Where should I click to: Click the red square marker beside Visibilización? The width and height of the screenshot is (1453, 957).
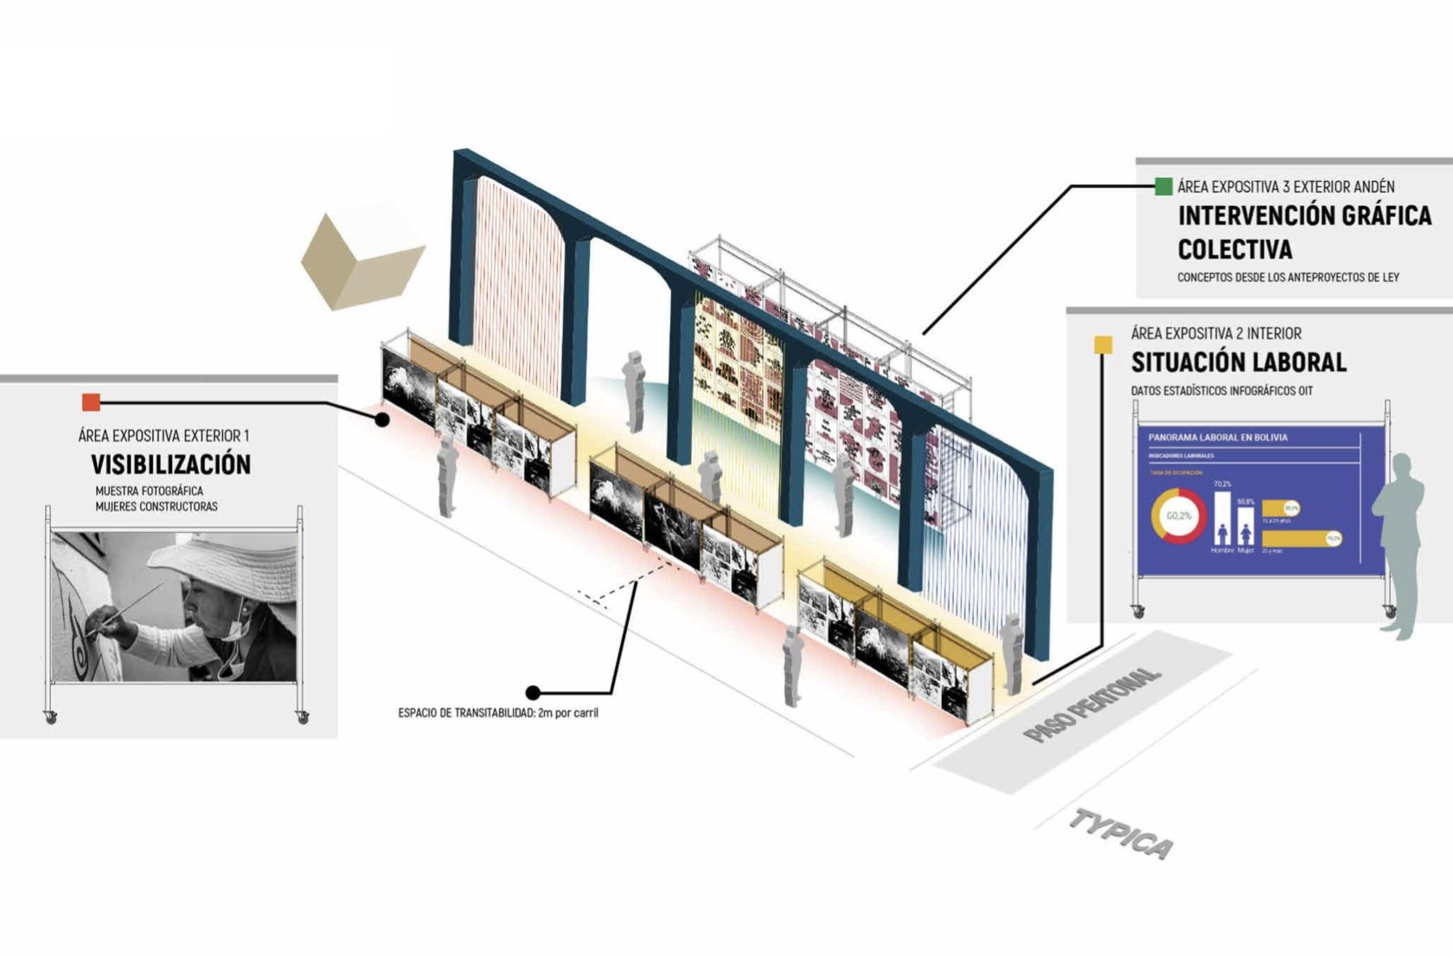(x=91, y=401)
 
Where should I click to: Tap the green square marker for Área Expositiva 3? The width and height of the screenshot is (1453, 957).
(x=1163, y=186)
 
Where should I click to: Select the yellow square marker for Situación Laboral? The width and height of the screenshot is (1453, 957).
(x=1103, y=345)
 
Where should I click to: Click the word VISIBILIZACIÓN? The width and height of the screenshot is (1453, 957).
(x=170, y=465)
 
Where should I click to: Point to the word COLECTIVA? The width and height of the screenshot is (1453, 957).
(x=1234, y=250)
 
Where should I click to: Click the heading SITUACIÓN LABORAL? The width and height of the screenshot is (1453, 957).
(x=1239, y=362)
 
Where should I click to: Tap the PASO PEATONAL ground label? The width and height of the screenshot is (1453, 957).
(x=1091, y=704)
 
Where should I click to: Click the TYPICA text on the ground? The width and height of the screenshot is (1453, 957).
(x=1121, y=834)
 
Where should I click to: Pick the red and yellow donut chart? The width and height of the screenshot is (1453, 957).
(x=1178, y=516)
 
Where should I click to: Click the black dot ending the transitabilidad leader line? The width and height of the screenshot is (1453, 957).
(x=533, y=692)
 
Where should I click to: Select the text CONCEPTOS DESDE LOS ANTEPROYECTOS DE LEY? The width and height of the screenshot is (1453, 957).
(x=1288, y=278)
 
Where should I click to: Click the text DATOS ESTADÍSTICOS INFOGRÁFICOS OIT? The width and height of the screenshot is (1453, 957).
(x=1221, y=391)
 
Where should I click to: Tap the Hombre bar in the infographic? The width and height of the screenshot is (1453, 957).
(x=1222, y=517)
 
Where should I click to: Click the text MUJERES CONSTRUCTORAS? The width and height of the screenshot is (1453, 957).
(x=156, y=507)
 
